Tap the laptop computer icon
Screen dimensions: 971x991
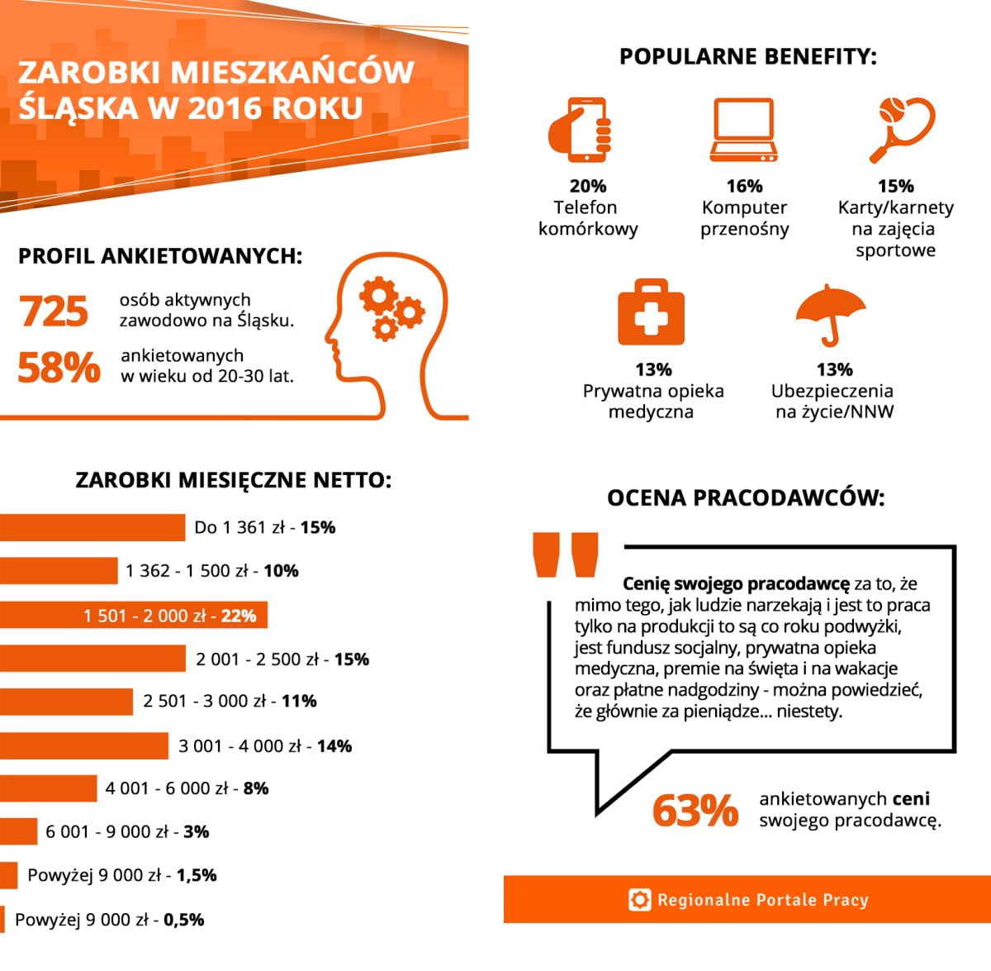[743, 130]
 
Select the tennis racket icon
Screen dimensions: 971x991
[901, 129]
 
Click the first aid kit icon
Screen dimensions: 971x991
[651, 313]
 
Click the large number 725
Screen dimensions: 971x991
[54, 312]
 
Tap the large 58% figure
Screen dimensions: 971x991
[59, 368]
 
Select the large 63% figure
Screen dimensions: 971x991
[695, 811]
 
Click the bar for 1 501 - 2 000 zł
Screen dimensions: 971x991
[133, 615]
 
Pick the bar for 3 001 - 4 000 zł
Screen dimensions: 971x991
[83, 745]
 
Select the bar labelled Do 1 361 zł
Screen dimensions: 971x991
[92, 527]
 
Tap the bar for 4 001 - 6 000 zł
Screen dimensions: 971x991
[48, 788]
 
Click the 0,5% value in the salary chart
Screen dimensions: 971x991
[183, 919]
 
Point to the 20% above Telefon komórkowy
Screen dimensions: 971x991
[587, 186]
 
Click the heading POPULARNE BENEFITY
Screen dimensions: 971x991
[747, 57]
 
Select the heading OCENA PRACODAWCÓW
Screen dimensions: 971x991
[746, 497]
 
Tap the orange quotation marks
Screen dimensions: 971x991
[566, 555]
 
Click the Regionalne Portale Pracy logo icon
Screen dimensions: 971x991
[639, 899]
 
